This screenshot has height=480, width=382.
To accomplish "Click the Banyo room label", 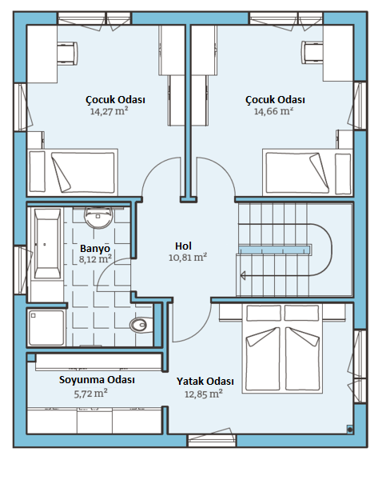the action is (x=95, y=248).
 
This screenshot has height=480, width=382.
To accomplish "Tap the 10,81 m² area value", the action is (x=188, y=257).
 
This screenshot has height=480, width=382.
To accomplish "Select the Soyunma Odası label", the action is (x=97, y=379).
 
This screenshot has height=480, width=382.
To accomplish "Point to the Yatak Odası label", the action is (x=205, y=382).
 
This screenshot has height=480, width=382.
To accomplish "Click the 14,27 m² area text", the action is (x=109, y=111).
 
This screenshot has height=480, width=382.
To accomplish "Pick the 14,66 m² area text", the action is (x=274, y=111).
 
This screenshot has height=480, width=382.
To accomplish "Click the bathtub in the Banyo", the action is (x=47, y=243).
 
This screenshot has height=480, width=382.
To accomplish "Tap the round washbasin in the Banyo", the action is (x=98, y=218).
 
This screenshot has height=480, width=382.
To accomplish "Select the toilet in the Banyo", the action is (x=141, y=325).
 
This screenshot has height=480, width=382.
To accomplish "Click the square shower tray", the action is (x=46, y=328).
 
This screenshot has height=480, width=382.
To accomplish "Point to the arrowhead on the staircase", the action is (x=243, y=275).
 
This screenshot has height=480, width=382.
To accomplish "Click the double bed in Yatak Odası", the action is (x=282, y=349).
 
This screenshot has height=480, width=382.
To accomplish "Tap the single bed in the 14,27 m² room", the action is (x=73, y=172).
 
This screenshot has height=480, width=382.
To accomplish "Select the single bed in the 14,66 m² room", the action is (x=308, y=172).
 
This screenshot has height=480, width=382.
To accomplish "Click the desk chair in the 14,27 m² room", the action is (x=67, y=53).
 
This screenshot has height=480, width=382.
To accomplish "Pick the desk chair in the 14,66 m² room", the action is (x=312, y=52).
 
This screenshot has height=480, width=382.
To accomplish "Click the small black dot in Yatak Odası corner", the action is (x=350, y=430).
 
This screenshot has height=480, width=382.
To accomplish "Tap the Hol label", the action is (x=184, y=246).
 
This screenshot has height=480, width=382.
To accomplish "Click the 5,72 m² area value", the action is (x=90, y=393).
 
